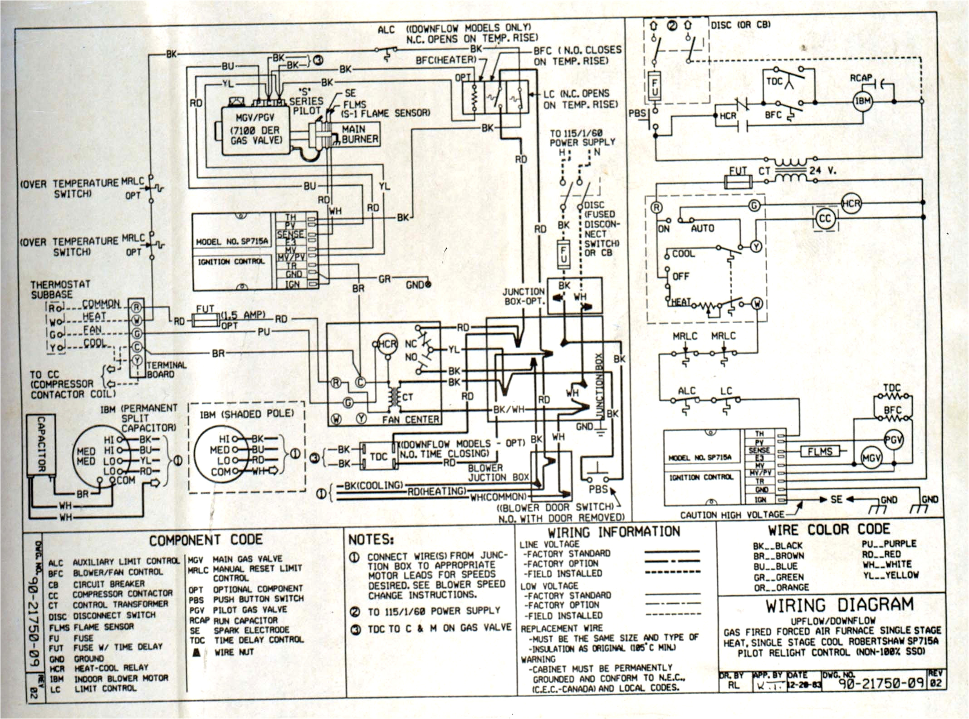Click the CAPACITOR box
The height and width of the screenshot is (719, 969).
41,444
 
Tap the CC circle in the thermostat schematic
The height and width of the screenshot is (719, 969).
824,219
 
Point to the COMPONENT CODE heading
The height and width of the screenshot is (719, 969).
206,540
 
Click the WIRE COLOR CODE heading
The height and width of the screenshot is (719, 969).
828,530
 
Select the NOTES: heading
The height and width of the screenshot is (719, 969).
371,540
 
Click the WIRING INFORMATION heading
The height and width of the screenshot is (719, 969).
613,532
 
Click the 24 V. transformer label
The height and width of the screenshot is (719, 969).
822,171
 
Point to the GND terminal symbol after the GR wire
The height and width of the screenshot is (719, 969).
427,285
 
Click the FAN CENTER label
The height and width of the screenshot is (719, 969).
410,419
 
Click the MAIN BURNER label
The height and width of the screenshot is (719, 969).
360,134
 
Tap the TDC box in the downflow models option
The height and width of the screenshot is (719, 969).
378,456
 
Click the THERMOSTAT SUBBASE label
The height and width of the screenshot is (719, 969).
60,290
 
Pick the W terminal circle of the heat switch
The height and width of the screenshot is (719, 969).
757,303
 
